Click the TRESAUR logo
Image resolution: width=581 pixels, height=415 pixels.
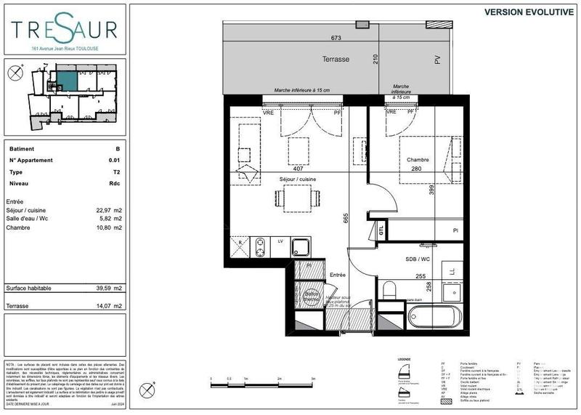click(x=63, y=29)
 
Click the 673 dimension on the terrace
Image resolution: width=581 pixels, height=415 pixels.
click(x=336, y=37)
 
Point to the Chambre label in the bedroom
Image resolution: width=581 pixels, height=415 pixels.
click(x=418, y=160)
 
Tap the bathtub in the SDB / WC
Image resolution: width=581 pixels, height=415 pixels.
click(x=434, y=317)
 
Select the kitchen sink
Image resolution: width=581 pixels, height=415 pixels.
click(x=301, y=249)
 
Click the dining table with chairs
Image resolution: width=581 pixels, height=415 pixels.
click(x=295, y=197)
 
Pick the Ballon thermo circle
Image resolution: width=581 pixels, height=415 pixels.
click(x=312, y=297)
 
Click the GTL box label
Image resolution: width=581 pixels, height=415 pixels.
click(x=381, y=230)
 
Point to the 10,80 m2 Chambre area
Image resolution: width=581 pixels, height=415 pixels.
click(x=105, y=228)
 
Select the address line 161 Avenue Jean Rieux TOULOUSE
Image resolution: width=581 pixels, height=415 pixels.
click(x=63, y=49)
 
